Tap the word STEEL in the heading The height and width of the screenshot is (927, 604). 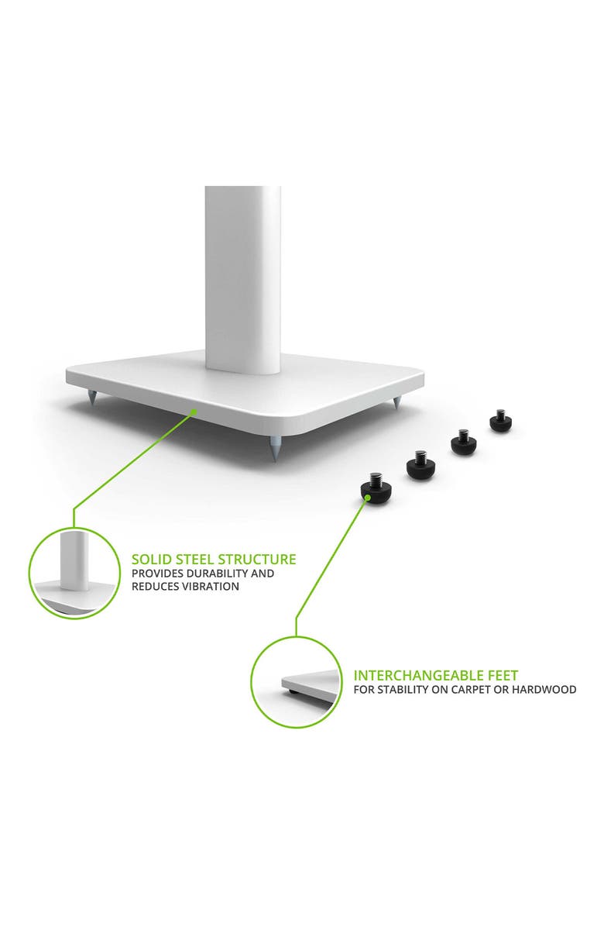(x=194, y=559)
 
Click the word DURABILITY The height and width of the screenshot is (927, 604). (x=214, y=574)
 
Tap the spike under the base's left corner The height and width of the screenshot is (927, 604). (x=92, y=399)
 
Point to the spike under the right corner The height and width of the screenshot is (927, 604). (x=397, y=404)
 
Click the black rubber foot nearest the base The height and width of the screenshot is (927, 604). (x=500, y=422)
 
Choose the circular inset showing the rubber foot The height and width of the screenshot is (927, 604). (x=297, y=682)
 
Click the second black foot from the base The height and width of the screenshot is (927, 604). (x=463, y=443)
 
